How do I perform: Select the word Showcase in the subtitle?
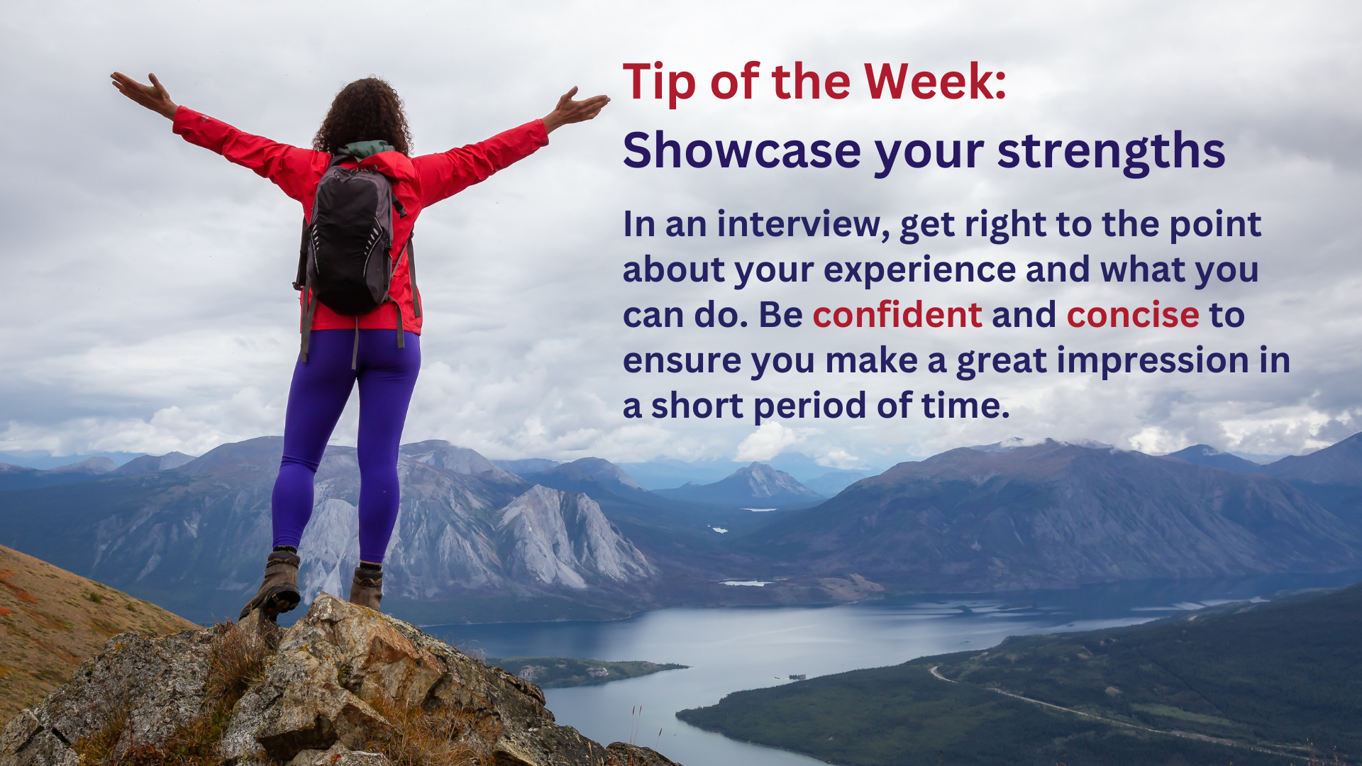742,150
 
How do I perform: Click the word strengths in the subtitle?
1111,151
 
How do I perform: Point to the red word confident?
897,315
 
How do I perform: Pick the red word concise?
1133,315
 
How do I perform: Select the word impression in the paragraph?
1153,361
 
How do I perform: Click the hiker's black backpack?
349,237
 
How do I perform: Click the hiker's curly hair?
364,115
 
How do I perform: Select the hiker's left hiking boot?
273,583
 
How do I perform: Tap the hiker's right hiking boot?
367,586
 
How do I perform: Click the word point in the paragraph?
1215,226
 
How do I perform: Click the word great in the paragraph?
1002,362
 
